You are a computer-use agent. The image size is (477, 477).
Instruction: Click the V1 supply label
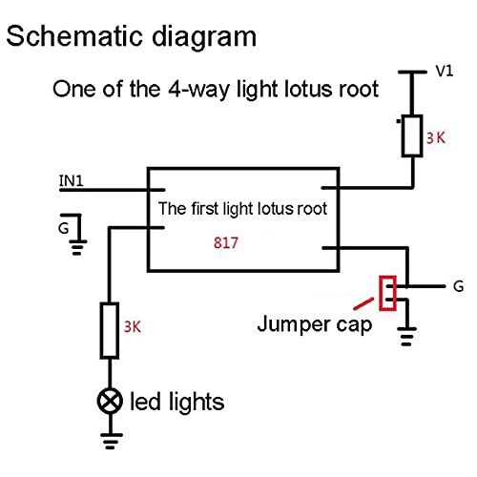click(445, 71)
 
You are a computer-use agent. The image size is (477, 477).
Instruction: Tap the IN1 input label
click(72, 180)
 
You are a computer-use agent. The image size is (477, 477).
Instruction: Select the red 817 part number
click(226, 243)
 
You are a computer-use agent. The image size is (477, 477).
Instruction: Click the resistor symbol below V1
click(412, 135)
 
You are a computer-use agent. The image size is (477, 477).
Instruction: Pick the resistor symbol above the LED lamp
click(110, 331)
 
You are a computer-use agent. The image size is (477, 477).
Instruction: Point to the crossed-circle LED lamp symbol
click(110, 401)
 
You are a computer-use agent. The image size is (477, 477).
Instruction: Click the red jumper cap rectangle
click(388, 293)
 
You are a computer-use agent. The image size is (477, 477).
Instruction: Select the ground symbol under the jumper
click(407, 337)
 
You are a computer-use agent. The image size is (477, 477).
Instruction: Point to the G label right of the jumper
click(458, 286)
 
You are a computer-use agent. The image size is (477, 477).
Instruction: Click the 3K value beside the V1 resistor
click(436, 138)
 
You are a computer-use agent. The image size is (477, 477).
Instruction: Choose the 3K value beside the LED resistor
click(133, 326)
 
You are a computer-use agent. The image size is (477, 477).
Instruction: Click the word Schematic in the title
click(74, 36)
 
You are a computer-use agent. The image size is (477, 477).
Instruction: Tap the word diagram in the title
click(204, 37)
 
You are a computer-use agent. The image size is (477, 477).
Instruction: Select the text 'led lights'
click(177, 403)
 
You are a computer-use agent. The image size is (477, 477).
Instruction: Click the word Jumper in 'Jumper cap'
click(294, 324)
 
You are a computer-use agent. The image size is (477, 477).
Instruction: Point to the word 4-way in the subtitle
click(198, 89)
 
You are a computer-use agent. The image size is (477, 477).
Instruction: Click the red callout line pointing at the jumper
click(363, 303)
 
